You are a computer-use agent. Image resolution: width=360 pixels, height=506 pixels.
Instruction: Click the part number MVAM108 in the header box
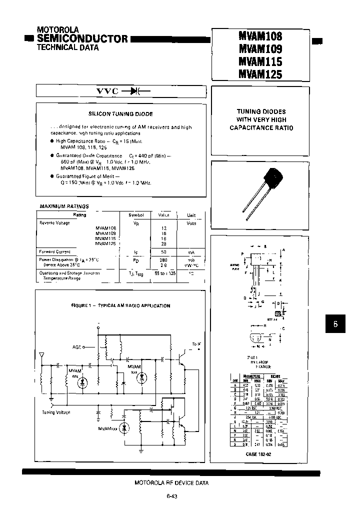(260, 36)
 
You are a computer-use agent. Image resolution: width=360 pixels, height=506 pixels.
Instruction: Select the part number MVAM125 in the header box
(260, 74)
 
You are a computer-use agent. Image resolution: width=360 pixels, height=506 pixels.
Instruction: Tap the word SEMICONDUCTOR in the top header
(82, 38)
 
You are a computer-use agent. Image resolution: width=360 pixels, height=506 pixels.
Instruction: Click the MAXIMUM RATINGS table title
(64, 206)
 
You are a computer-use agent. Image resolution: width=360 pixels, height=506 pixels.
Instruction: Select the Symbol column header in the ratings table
(136, 215)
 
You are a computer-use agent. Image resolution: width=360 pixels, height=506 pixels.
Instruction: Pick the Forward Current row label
(55, 252)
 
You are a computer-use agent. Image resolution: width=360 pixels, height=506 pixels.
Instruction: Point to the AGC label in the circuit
(76, 346)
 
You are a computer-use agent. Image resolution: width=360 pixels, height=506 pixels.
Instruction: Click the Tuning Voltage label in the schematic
(56, 412)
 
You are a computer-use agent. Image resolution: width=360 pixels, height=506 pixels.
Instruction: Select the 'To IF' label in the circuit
(195, 344)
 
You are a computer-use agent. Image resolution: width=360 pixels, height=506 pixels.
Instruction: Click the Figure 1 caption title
(120, 305)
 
